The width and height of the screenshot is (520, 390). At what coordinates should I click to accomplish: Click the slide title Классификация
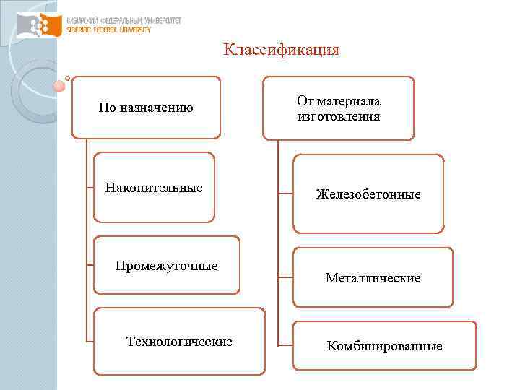point(281,50)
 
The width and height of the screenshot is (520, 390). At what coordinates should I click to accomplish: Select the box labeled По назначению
point(146,108)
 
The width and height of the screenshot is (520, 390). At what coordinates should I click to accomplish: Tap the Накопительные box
point(155,187)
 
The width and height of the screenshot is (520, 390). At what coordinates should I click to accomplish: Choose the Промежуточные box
point(167,265)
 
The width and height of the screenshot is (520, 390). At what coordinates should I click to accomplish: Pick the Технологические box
point(179,341)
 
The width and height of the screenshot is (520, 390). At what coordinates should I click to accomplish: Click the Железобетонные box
point(368,194)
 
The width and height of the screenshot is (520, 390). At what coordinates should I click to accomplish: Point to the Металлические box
point(373,277)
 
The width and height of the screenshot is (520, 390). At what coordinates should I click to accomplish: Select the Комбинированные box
point(384,346)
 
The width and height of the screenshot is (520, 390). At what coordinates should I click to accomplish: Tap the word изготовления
point(338,116)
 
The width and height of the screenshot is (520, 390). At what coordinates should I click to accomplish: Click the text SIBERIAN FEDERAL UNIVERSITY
point(108,30)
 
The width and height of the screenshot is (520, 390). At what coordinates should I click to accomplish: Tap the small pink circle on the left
point(59,86)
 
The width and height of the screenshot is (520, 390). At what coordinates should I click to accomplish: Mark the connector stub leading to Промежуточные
point(90,265)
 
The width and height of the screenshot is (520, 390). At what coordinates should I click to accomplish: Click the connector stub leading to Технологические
point(90,341)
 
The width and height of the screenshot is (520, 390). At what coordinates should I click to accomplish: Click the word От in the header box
point(305,101)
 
